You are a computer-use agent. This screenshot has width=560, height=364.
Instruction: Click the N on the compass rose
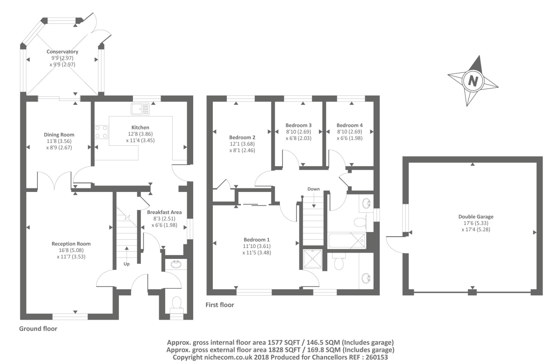472,81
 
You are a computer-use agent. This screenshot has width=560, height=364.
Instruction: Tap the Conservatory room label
62,51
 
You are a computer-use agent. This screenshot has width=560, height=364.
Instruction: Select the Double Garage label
476,217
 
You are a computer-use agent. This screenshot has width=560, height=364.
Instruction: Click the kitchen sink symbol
140,109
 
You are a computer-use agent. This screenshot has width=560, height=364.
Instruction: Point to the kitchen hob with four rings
101,132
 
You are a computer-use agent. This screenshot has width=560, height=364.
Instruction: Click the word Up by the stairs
126,264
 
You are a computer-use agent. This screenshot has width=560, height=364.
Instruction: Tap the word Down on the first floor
313,189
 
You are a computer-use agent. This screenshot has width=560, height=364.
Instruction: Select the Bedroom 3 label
298,125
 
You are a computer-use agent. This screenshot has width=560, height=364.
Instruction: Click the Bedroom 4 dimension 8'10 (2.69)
349,132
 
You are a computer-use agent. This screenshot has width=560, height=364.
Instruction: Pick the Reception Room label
71,244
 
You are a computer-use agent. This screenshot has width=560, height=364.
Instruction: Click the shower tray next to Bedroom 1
313,259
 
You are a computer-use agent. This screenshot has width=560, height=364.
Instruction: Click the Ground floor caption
38,329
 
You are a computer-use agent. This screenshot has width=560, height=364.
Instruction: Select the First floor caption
219,305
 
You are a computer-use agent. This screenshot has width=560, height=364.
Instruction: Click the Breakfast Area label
164,212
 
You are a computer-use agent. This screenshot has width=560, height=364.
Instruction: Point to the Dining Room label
59,135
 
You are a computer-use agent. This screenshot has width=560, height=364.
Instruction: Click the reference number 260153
375,357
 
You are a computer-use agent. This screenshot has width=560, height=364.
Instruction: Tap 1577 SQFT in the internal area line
283,342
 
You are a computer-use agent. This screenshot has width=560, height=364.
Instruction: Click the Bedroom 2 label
242,137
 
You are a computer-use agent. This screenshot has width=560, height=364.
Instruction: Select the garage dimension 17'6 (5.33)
476,223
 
